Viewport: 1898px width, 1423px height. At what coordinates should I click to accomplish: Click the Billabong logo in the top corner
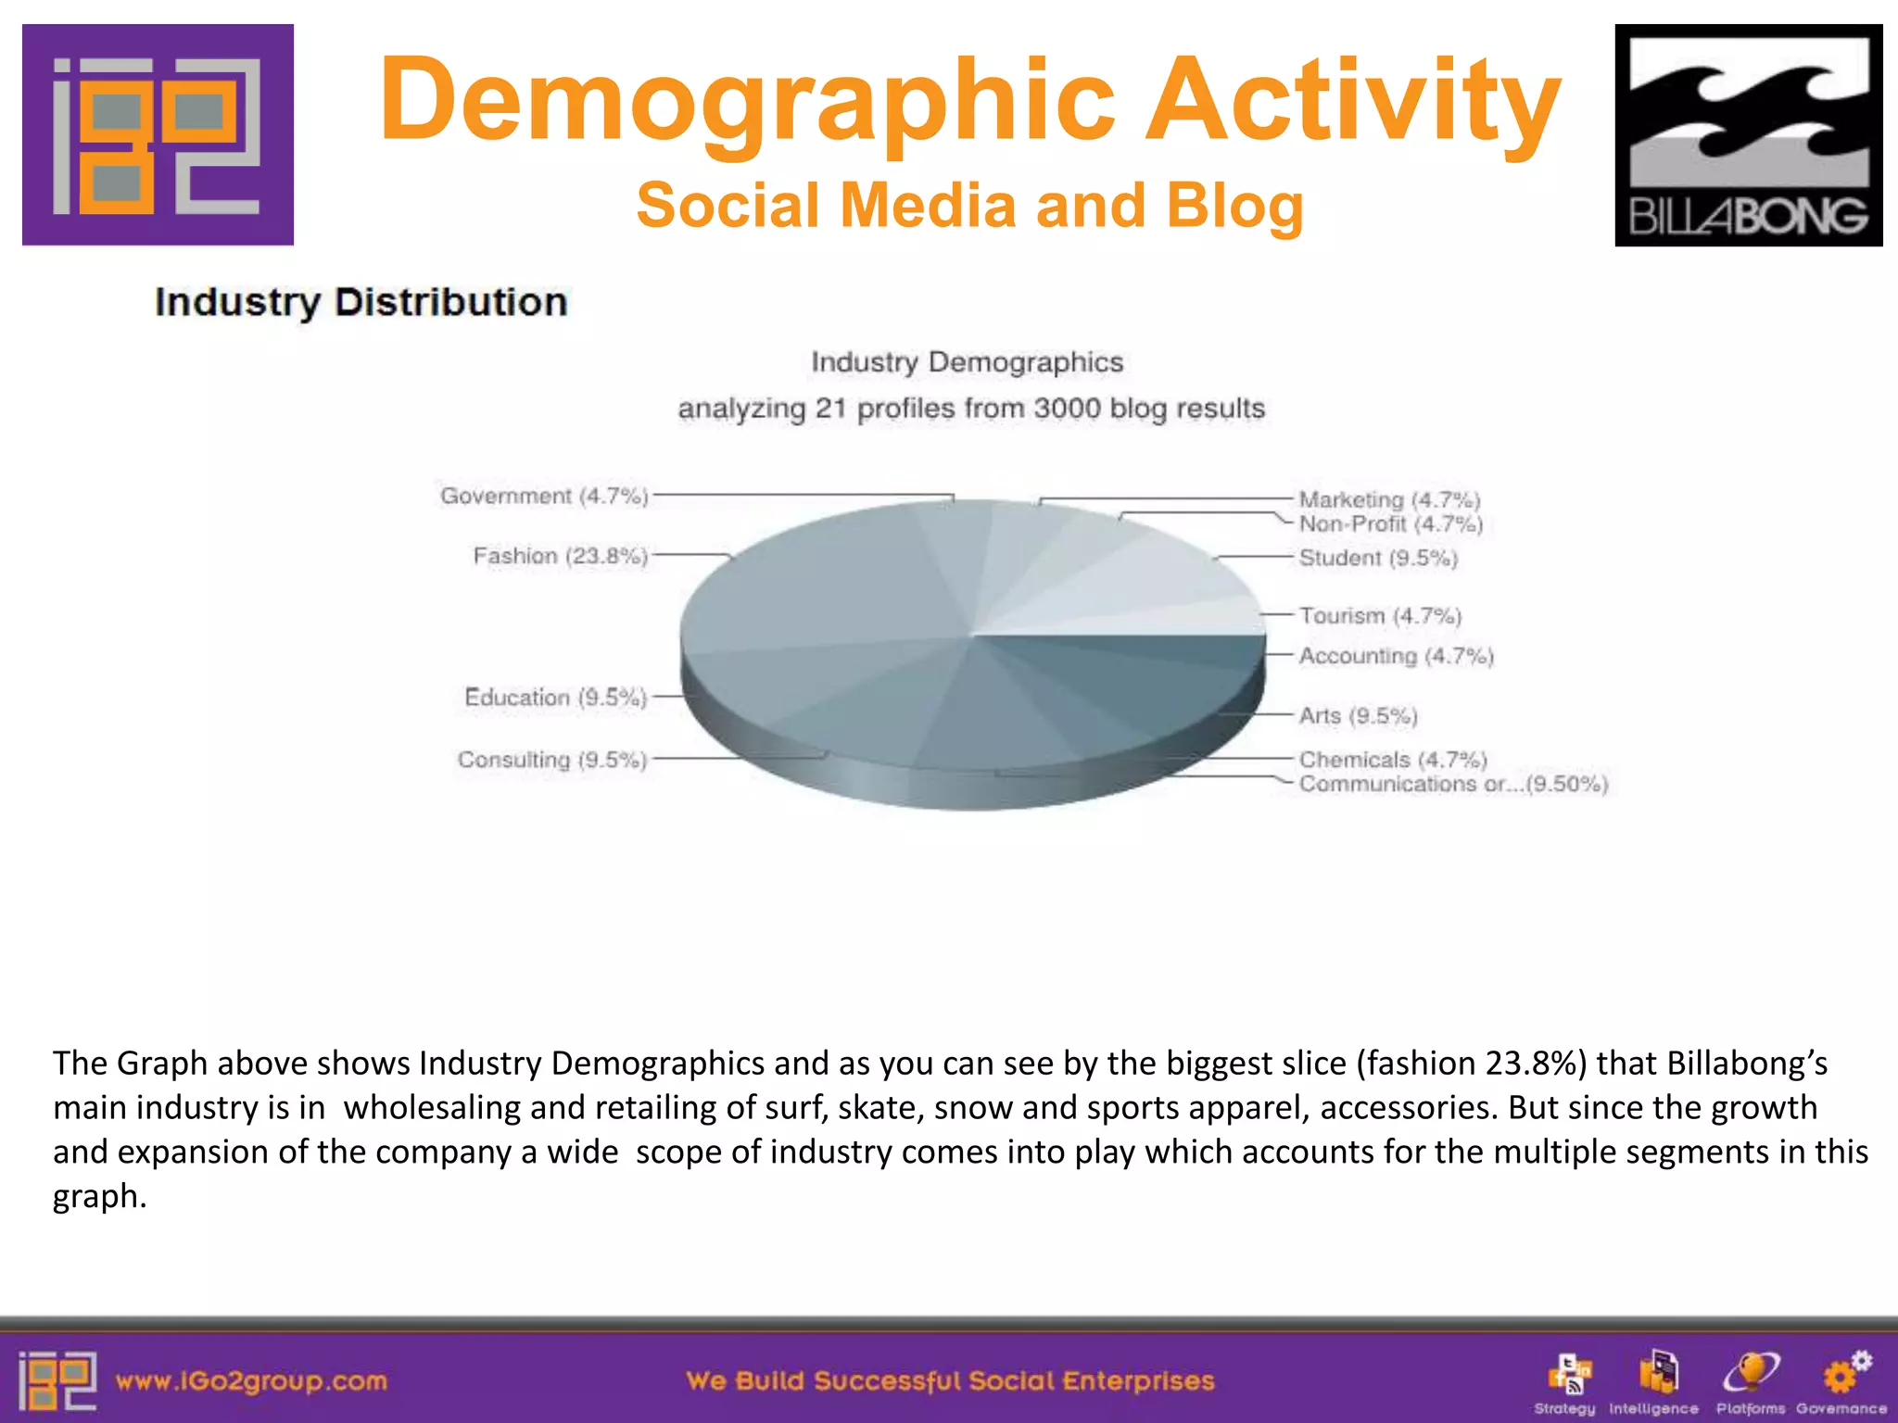[1748, 135]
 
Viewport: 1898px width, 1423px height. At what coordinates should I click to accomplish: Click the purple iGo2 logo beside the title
[158, 135]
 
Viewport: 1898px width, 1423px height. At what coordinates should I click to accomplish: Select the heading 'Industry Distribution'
[361, 303]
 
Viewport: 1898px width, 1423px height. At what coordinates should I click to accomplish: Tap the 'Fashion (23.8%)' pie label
[560, 556]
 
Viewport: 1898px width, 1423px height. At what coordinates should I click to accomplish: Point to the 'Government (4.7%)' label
[544, 497]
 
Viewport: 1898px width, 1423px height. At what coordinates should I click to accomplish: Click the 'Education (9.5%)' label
[555, 698]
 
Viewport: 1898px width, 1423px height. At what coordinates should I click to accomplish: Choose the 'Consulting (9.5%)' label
[551, 761]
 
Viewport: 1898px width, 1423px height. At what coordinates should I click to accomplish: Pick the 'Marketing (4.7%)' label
[1389, 500]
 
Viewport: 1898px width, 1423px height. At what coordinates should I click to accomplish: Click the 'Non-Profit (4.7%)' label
[1390, 524]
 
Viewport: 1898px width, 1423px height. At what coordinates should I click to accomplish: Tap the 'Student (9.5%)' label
[1378, 558]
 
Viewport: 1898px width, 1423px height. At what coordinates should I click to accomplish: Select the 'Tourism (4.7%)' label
[1380, 616]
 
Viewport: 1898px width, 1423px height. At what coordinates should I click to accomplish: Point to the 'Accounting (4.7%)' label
[1396, 656]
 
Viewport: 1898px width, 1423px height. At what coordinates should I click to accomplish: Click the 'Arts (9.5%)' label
[1358, 716]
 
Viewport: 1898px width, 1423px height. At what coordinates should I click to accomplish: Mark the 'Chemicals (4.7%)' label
[1392, 760]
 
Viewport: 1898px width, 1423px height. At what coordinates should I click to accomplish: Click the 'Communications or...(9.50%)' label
[1452, 785]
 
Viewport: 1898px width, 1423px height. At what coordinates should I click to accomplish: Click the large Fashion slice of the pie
[816, 584]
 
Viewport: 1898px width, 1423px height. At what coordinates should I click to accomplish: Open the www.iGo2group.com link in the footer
[251, 1381]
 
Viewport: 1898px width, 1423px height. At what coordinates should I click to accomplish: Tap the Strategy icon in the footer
[1568, 1373]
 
